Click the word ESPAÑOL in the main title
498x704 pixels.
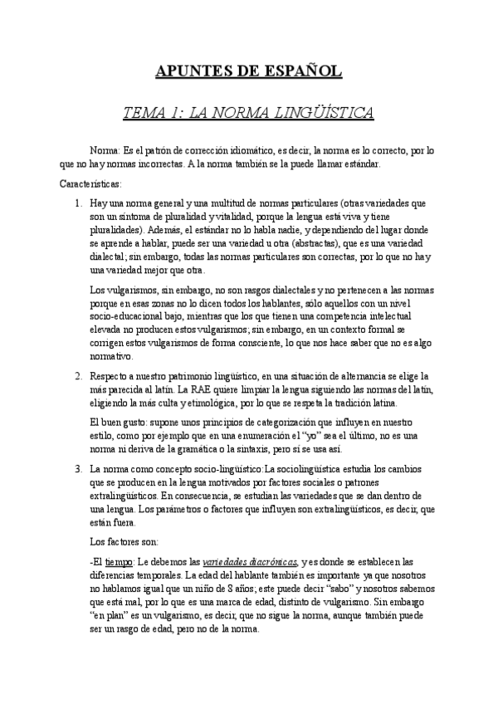point(301,71)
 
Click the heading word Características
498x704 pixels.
point(91,183)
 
